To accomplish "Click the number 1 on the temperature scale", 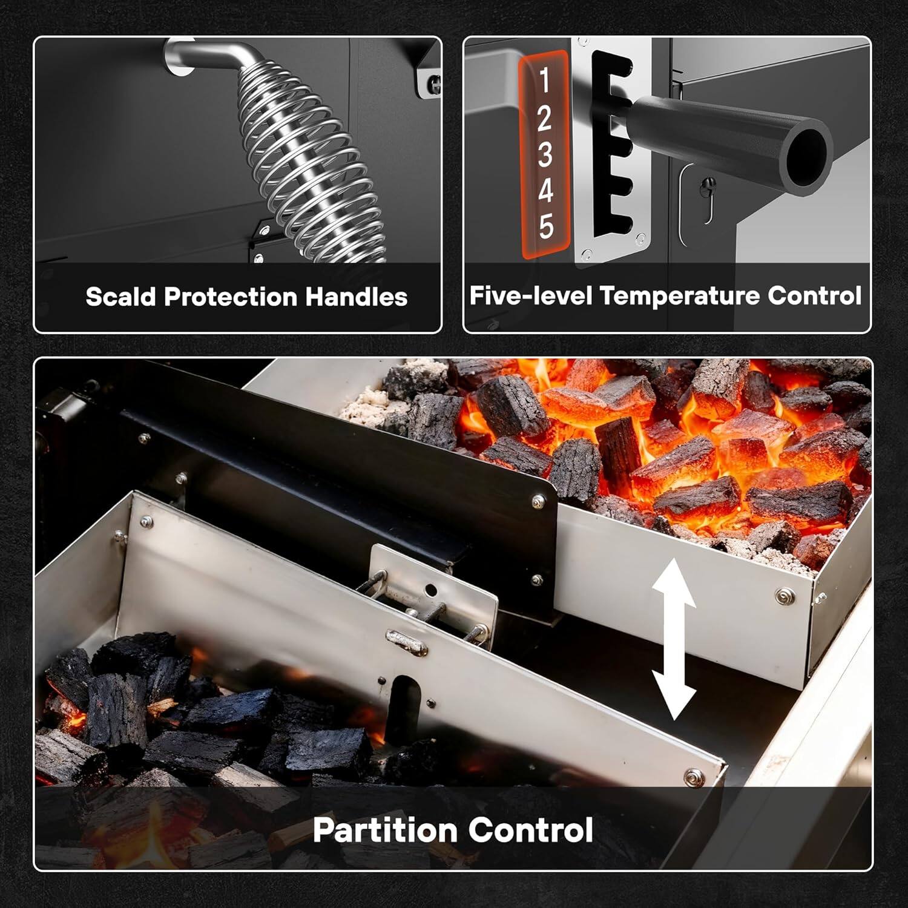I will pyautogui.click(x=544, y=81).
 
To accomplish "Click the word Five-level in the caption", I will pyautogui.click(x=530, y=296).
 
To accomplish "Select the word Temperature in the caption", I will pyautogui.click(x=680, y=296).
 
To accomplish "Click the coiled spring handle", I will pyautogui.click(x=315, y=163).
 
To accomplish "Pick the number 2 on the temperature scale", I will pyautogui.click(x=544, y=118).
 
